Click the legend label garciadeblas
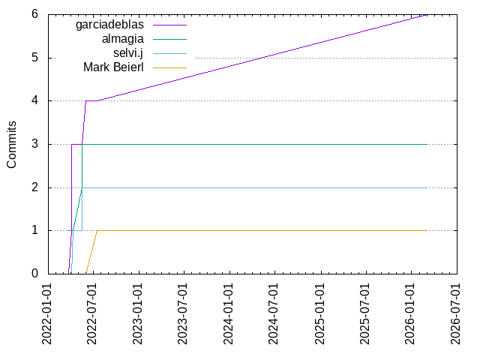coord(109,25)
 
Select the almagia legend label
coord(122,39)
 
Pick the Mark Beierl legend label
coord(114,67)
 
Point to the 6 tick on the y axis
coord(34,14)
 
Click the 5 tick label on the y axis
coord(34,58)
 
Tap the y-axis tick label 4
coord(34,101)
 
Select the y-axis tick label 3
coord(34,144)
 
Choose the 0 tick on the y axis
coord(34,274)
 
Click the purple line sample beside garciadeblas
coord(169,25)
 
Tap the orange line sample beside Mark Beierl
coord(169,67)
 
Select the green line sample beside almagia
coord(169,39)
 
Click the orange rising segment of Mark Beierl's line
coord(91,252)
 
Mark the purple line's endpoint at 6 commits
coord(427,14)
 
